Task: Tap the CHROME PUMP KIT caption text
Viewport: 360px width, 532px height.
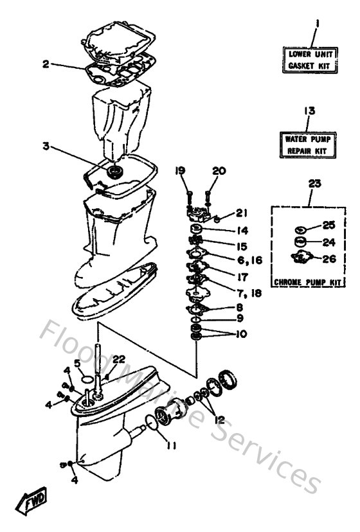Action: coord(306,282)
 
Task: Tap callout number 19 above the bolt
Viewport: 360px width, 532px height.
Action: coord(181,171)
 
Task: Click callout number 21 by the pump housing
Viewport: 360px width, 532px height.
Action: coord(241,213)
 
